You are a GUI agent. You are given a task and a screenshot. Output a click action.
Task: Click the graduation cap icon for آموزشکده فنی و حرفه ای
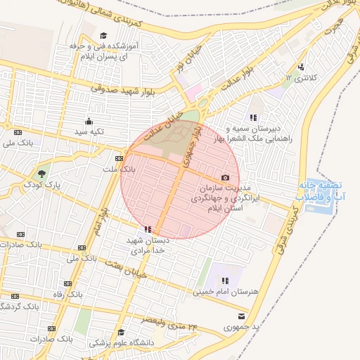pos(103,35)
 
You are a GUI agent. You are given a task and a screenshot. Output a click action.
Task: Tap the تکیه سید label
pos(91,131)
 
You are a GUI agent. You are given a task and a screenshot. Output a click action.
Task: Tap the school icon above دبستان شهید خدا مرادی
pos(148,229)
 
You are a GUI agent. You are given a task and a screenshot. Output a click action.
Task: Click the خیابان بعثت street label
pos(126,270)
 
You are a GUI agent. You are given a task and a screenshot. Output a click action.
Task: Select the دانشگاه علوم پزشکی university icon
pos(122,333)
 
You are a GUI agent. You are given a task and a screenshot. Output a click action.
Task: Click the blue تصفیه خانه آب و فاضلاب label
pos(323,191)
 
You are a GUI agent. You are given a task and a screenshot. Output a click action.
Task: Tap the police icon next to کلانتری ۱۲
pos(301,67)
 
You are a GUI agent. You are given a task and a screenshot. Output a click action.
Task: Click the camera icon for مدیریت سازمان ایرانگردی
pos(225,178)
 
